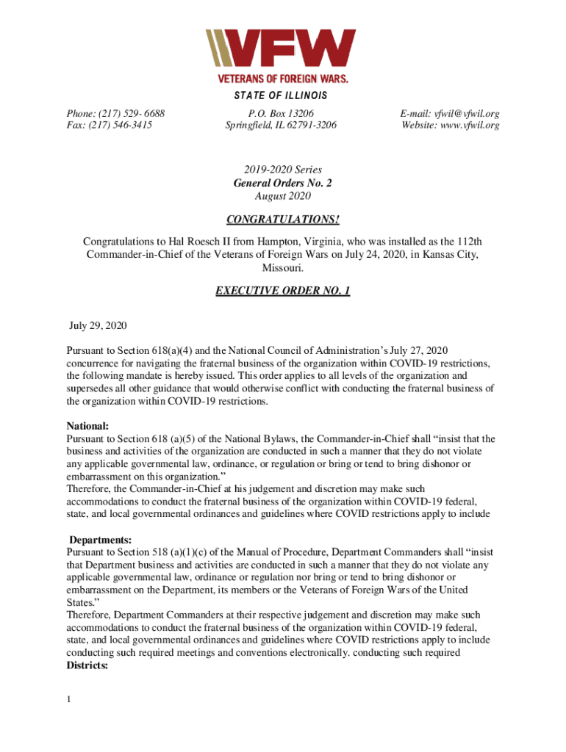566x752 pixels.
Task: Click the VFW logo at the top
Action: (282, 55)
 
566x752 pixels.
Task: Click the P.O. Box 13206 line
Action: (282, 114)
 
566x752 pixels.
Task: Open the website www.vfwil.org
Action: (470, 126)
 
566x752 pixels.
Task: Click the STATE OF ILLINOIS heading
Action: (282, 96)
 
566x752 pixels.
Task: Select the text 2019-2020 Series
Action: (282, 170)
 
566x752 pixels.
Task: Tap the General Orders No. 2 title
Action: (282, 183)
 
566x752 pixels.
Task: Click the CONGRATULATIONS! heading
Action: (282, 220)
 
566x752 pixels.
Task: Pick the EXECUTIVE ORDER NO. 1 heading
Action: (282, 292)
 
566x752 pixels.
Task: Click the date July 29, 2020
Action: (94, 325)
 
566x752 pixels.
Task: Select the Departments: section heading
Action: (100, 540)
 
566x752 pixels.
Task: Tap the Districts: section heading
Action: (87, 666)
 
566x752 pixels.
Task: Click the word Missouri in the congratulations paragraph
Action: (282, 268)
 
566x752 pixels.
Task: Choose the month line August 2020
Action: (282, 196)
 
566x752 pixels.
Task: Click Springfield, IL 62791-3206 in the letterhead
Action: (282, 126)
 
